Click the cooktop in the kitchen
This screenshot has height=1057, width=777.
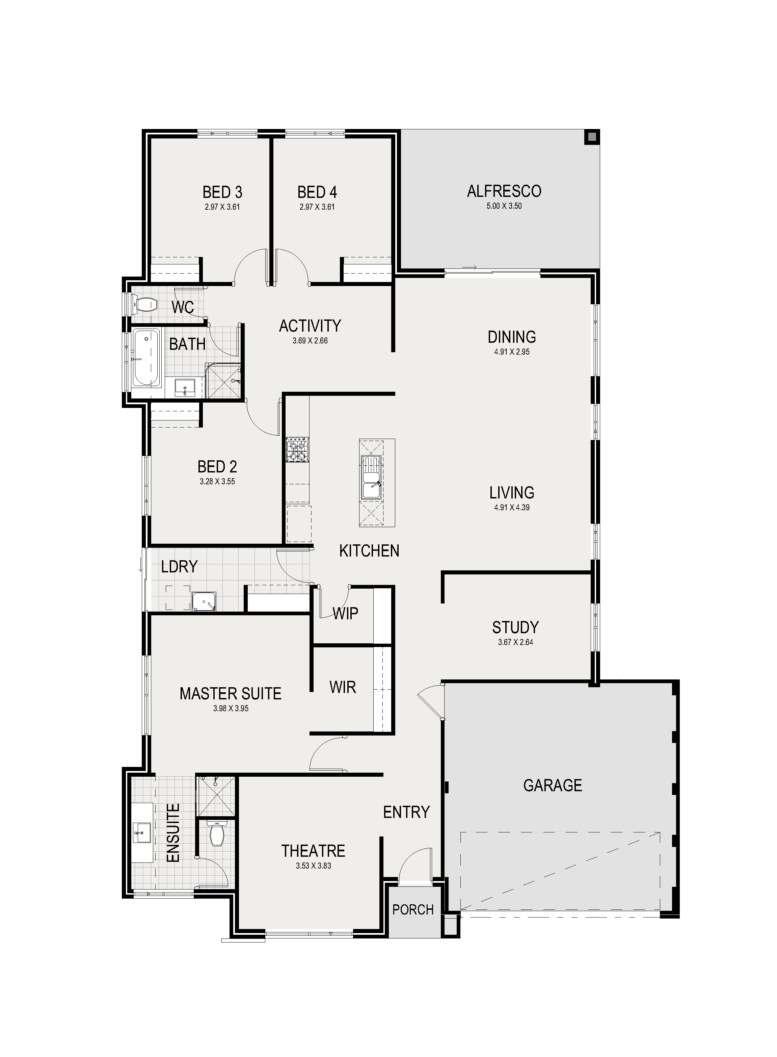click(x=297, y=449)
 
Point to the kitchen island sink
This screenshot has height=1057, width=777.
click(x=371, y=477)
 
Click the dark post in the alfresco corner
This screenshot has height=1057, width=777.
click(x=592, y=137)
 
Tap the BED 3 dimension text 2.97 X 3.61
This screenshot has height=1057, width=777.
click(x=222, y=207)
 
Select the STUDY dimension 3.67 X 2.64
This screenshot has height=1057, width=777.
click(x=515, y=642)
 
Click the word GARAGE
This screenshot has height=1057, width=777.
click(x=553, y=785)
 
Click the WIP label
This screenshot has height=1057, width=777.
click(x=345, y=613)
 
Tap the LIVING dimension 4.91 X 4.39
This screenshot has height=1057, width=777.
click(x=512, y=507)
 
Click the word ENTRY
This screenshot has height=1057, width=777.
click(x=406, y=812)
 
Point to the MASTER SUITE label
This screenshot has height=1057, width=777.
click(x=231, y=693)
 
